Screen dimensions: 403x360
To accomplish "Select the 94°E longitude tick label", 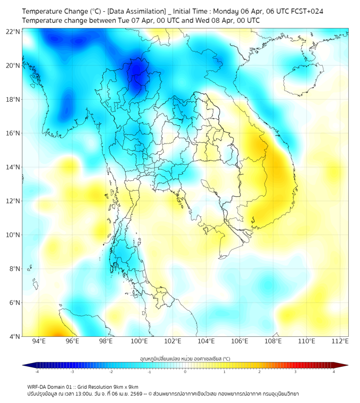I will [x=39, y=342].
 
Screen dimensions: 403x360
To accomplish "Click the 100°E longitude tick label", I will [x=140, y=342].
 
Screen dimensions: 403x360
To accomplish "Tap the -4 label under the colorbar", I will [x=37, y=372].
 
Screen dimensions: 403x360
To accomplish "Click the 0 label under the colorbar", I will [x=185, y=372].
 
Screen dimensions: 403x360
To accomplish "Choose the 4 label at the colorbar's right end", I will [x=334, y=372].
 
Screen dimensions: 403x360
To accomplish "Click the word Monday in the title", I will [x=227, y=11].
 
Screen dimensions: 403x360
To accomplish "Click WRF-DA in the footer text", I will [x=37, y=386].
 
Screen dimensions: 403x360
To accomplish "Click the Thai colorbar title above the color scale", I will [x=185, y=359].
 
